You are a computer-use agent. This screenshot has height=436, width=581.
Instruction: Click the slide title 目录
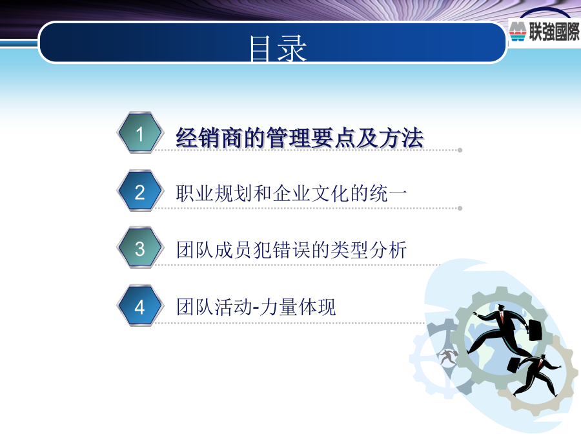click(278, 48)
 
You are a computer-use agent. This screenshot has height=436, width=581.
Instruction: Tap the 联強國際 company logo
click(544, 31)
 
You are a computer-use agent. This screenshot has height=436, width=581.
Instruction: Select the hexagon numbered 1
click(140, 133)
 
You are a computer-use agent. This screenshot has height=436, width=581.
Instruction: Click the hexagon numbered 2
click(140, 191)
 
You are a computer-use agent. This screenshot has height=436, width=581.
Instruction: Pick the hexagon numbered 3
click(140, 248)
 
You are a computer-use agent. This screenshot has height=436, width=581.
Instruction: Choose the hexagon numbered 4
click(140, 306)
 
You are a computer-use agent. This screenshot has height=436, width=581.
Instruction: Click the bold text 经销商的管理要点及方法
click(300, 138)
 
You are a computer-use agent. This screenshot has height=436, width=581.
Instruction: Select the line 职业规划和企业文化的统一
click(291, 194)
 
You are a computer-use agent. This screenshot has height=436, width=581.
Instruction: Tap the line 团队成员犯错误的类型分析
click(291, 249)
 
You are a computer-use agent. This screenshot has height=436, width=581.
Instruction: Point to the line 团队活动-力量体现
click(256, 307)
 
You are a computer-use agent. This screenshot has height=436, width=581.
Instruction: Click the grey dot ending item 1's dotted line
click(460, 150)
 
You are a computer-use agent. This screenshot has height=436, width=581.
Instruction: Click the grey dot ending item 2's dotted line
click(460, 209)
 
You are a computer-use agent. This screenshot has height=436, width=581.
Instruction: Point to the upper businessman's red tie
click(502, 317)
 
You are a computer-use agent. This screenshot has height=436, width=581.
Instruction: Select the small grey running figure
click(448, 357)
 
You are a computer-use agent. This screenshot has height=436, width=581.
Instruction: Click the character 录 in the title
click(292, 48)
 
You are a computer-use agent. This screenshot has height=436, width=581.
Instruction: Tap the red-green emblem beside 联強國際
click(518, 32)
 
